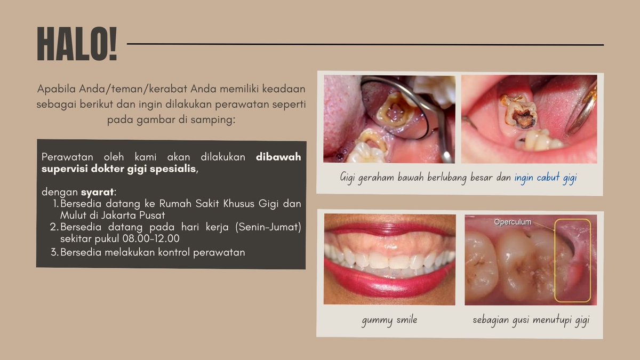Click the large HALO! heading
pyautogui.click(x=77, y=44)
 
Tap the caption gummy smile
pyautogui.click(x=389, y=321)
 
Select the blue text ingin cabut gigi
pyautogui.click(x=546, y=178)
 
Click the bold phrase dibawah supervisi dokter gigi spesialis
pyautogui.click(x=171, y=163)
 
